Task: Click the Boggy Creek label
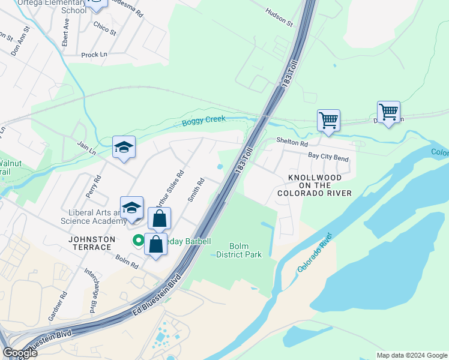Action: (203, 121)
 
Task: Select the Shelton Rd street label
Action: (292, 143)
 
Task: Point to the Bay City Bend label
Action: (328, 157)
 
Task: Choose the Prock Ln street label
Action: (94, 55)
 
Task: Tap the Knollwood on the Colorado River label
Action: (315, 185)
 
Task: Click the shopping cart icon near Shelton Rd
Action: (328, 120)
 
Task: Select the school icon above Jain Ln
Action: (124, 147)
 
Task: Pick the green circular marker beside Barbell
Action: (138, 241)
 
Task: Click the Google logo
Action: (19, 353)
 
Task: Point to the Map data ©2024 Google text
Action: (411, 355)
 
